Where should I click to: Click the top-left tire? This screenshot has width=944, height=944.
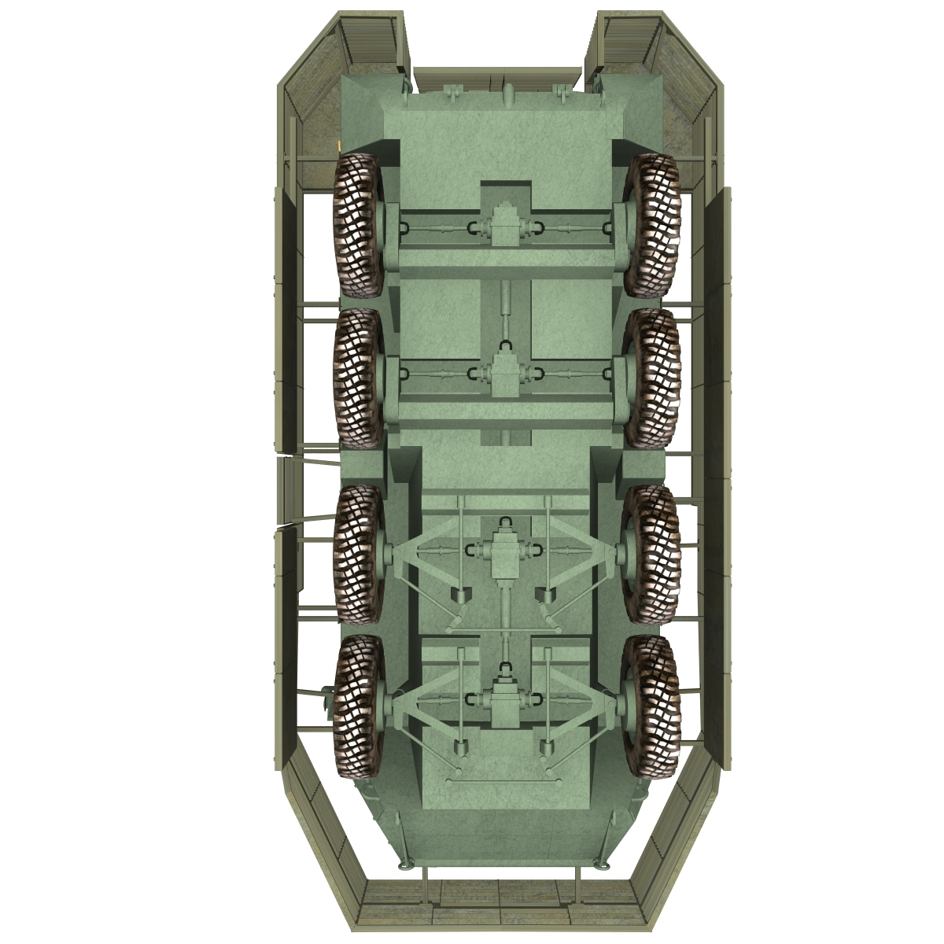359,226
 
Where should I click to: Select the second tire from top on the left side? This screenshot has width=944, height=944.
358,378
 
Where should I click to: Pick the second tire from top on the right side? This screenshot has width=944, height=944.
651,377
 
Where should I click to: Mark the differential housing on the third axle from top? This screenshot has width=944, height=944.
503,551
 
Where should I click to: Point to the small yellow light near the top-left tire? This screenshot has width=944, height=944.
338,145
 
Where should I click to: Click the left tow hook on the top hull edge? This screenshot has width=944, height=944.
453,93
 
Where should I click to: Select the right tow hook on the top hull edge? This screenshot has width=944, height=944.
562,93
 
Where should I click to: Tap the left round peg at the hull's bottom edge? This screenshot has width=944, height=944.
404,866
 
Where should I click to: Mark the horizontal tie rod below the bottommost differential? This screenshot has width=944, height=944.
503,783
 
